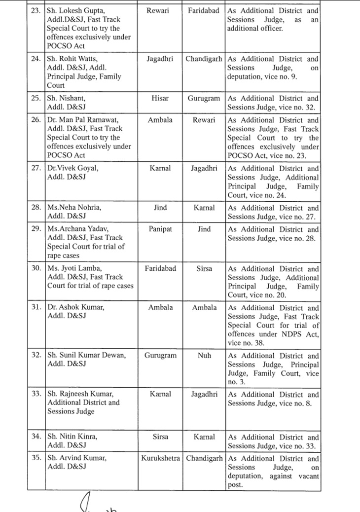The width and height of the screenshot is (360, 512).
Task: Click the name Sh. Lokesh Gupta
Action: coord(75,11)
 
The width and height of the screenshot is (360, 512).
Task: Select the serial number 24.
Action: coord(36,59)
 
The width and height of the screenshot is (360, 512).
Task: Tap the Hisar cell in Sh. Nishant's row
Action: coord(160,98)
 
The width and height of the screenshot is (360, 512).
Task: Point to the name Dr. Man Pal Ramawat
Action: coord(83,120)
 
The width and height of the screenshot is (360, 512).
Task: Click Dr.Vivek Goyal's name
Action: coord(72,168)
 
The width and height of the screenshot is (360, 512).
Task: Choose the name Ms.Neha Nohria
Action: coord(74,208)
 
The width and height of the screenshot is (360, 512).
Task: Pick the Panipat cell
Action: coord(160,229)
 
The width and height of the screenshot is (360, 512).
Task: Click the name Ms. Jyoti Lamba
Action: coord(73,268)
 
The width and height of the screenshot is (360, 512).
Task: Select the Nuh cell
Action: coord(204,355)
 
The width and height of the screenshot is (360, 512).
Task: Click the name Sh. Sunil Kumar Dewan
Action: coord(86,355)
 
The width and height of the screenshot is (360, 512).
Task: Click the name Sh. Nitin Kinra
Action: coord(72,437)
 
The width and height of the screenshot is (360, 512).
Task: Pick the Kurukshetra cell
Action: coord(160,458)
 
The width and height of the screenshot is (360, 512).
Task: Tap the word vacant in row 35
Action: coord(308,476)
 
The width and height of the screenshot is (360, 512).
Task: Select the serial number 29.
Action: coord(36,229)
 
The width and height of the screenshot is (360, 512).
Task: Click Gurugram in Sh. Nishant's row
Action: coord(204,98)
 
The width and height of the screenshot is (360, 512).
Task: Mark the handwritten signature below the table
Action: coord(99,503)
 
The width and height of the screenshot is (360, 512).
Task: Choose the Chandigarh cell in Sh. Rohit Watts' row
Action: coord(204,59)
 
